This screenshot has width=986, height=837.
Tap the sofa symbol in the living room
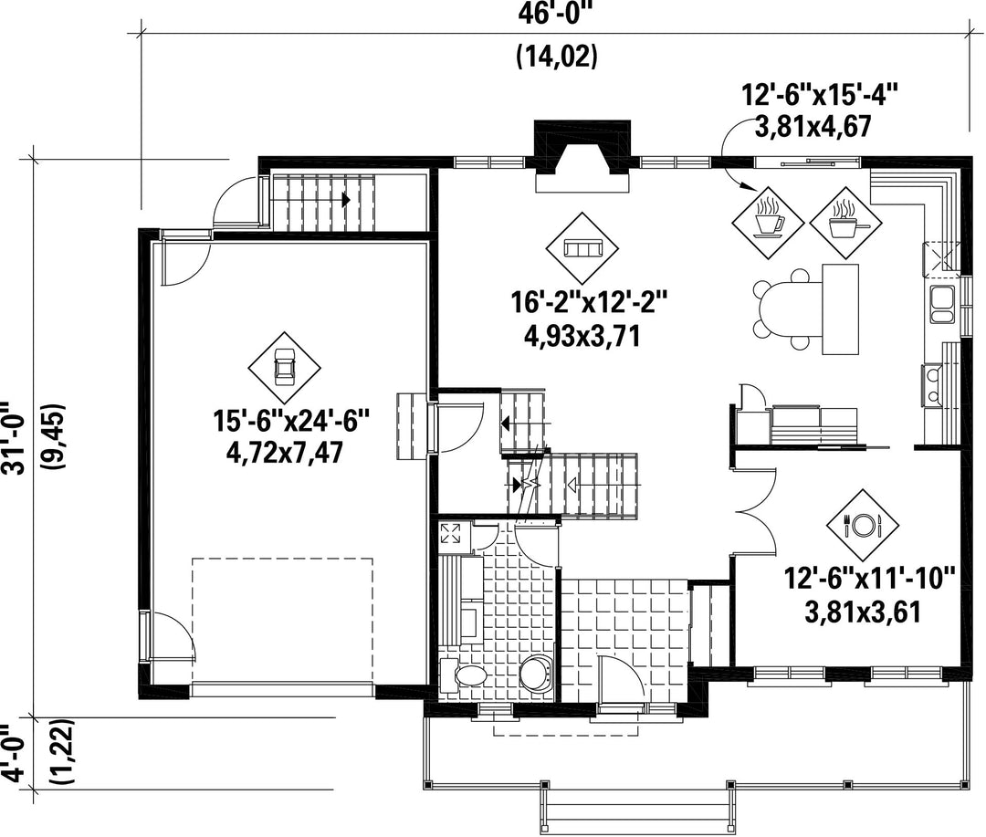[x=582, y=248]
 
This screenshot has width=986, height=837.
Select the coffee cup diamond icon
[x=769, y=222]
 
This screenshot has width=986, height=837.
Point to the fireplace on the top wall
[x=582, y=155]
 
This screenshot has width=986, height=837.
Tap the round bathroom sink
[x=536, y=672]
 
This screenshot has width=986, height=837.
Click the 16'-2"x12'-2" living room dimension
[x=588, y=304]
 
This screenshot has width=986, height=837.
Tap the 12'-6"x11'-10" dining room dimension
[x=870, y=578]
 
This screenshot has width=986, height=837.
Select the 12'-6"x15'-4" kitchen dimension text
[x=819, y=96]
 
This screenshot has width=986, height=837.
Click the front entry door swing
[x=619, y=679]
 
